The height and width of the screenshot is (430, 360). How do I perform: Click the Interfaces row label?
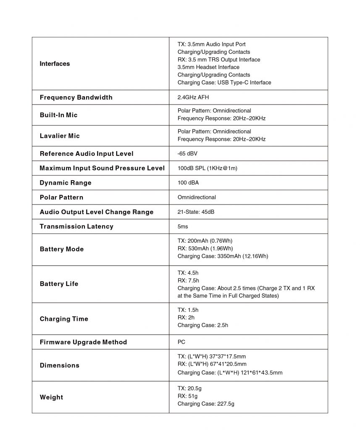55,64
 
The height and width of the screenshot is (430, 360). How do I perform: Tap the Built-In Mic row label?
58,115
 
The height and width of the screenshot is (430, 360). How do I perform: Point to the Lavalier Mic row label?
60,136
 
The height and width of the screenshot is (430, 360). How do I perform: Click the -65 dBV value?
187,154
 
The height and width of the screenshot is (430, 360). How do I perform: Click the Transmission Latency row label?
76,226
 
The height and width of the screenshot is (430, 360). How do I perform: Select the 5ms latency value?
183,226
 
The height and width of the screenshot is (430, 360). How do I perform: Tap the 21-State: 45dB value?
196,212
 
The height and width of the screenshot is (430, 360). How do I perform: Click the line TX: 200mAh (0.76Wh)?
205,241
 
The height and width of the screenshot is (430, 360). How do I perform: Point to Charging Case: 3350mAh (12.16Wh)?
223,256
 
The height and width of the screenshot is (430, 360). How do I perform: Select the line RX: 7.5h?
188,281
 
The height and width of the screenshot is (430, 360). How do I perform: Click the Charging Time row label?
64,319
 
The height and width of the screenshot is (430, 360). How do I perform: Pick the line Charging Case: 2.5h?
203,325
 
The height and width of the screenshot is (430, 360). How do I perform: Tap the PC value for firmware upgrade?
181,342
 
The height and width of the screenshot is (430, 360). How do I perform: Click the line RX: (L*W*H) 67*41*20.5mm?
212,364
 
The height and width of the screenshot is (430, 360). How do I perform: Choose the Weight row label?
51,397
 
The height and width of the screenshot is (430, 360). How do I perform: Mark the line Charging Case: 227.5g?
206,404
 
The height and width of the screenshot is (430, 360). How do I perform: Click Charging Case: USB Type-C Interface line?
224,83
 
